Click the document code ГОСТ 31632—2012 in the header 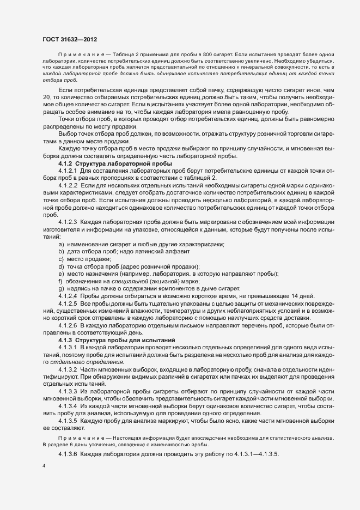[70, 39]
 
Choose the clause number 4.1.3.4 [69, 406]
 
